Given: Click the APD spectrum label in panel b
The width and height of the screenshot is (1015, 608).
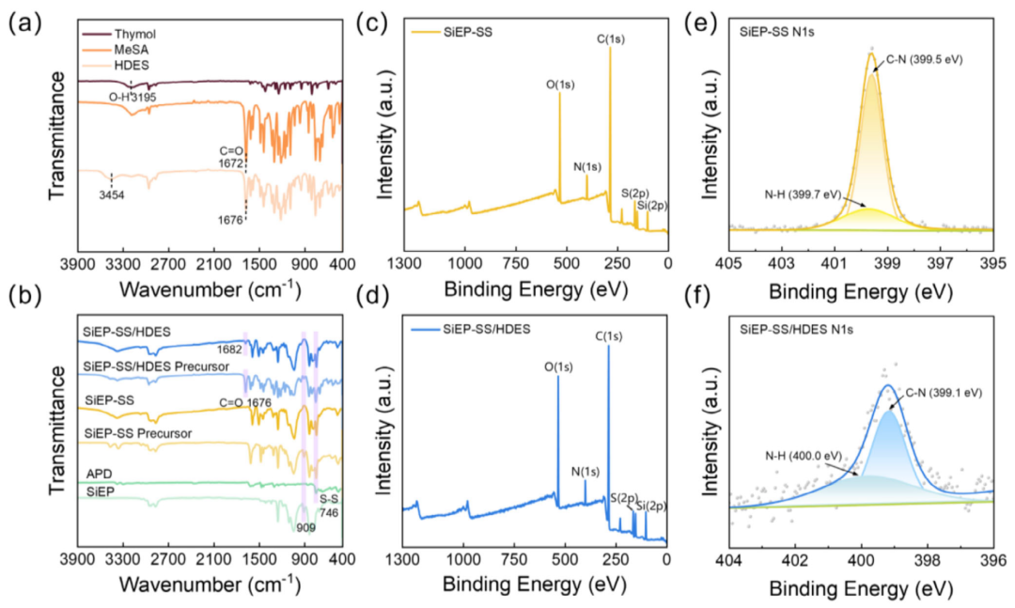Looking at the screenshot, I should tap(99, 474).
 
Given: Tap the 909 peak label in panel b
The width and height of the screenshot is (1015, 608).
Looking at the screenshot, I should tap(304, 528).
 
